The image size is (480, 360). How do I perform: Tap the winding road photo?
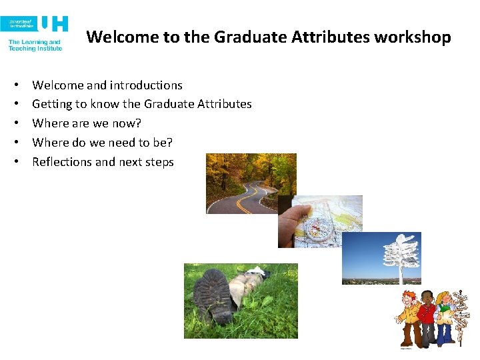pyautogui.click(x=250, y=183)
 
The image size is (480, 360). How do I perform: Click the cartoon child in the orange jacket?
pyautogui.click(x=407, y=317)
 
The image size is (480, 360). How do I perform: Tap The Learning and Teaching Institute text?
pyautogui.click(x=35, y=45)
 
